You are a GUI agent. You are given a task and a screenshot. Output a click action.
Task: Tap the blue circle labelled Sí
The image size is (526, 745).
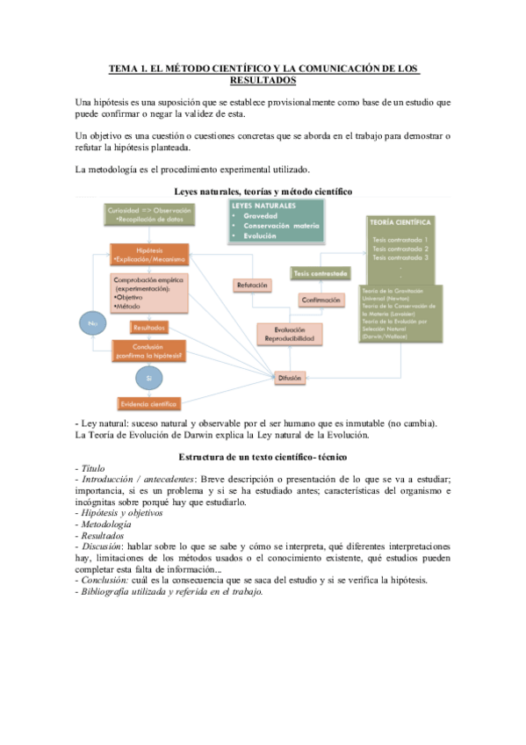click(x=148, y=378)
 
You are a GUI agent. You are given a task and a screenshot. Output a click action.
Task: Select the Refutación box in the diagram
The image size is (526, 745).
click(x=252, y=285)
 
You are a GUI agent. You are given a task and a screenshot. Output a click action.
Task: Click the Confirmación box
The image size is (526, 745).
click(x=321, y=300)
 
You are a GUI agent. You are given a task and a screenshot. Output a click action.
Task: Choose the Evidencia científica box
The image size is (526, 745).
click(x=148, y=404)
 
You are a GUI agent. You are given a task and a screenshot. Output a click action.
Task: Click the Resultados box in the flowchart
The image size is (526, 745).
click(x=148, y=328)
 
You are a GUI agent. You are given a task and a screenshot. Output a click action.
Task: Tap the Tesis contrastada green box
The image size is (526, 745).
click(x=321, y=273)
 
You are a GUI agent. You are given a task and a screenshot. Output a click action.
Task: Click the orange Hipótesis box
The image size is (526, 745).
click(x=148, y=255)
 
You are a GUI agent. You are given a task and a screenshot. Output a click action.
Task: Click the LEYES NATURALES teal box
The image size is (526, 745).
click(x=275, y=221)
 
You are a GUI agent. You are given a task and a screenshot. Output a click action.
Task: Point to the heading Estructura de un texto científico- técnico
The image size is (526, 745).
click(x=263, y=457)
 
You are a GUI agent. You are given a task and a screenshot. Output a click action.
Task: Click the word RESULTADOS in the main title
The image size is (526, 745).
click(x=263, y=80)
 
